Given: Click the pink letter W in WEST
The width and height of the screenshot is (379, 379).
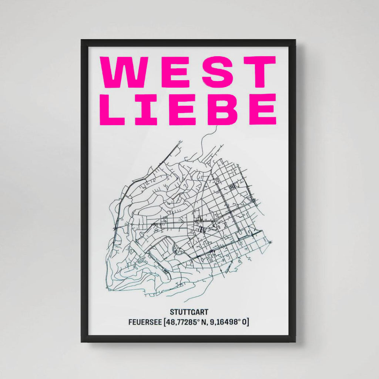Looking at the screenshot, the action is click(x=121, y=72).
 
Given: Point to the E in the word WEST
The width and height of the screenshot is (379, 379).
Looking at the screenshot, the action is click(x=171, y=72).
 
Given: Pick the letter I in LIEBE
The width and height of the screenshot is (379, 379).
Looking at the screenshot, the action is click(x=146, y=109).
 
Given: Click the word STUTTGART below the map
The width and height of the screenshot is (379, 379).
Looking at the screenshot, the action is click(x=189, y=312).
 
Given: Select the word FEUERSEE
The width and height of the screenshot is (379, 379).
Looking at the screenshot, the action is click(x=144, y=322).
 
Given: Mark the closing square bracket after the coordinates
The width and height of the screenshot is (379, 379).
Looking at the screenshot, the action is click(x=248, y=322).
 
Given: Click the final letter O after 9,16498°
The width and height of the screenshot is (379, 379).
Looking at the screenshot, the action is click(x=244, y=322).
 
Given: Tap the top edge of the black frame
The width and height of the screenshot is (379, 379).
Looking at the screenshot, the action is click(x=189, y=43).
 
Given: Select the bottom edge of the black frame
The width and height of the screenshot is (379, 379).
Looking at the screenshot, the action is click(x=189, y=339).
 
